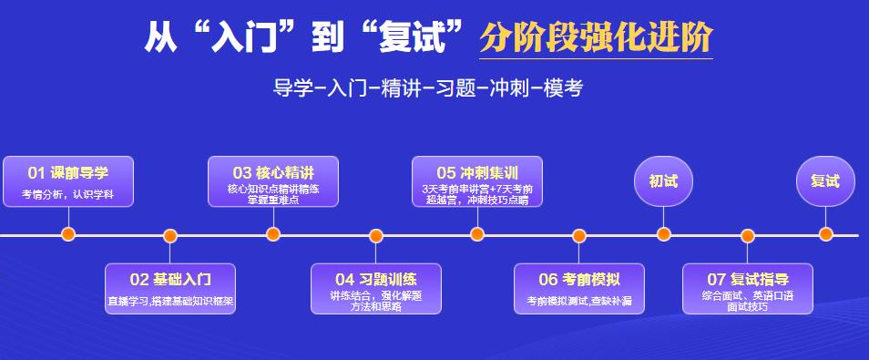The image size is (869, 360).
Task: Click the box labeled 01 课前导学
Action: coord(68,181)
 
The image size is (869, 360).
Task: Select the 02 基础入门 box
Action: coord(170,288)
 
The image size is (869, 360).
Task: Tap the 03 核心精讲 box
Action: coord(273,181)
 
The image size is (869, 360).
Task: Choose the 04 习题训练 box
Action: coord(376,288)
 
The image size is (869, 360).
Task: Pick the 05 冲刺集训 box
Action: coord(477,181)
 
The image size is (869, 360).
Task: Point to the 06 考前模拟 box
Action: coord(579,288)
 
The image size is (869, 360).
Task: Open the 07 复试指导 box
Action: coord(748,288)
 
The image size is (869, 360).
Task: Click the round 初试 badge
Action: coord(663,180)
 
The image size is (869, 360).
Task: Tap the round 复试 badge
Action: coord(825,180)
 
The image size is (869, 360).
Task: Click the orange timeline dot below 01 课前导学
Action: coord(68,234)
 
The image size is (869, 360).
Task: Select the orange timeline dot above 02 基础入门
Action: coord(170,236)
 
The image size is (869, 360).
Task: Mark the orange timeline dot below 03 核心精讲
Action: coord(273,234)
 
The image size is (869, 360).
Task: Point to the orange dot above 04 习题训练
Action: coord(376,236)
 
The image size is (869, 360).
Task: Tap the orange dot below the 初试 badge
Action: coord(664,234)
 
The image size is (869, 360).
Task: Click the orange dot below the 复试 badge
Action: coord(826,234)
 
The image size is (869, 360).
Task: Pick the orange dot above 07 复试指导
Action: coord(748,236)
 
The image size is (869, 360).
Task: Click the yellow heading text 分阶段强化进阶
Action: coord(596,37)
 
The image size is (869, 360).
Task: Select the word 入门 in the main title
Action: coord(238,37)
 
